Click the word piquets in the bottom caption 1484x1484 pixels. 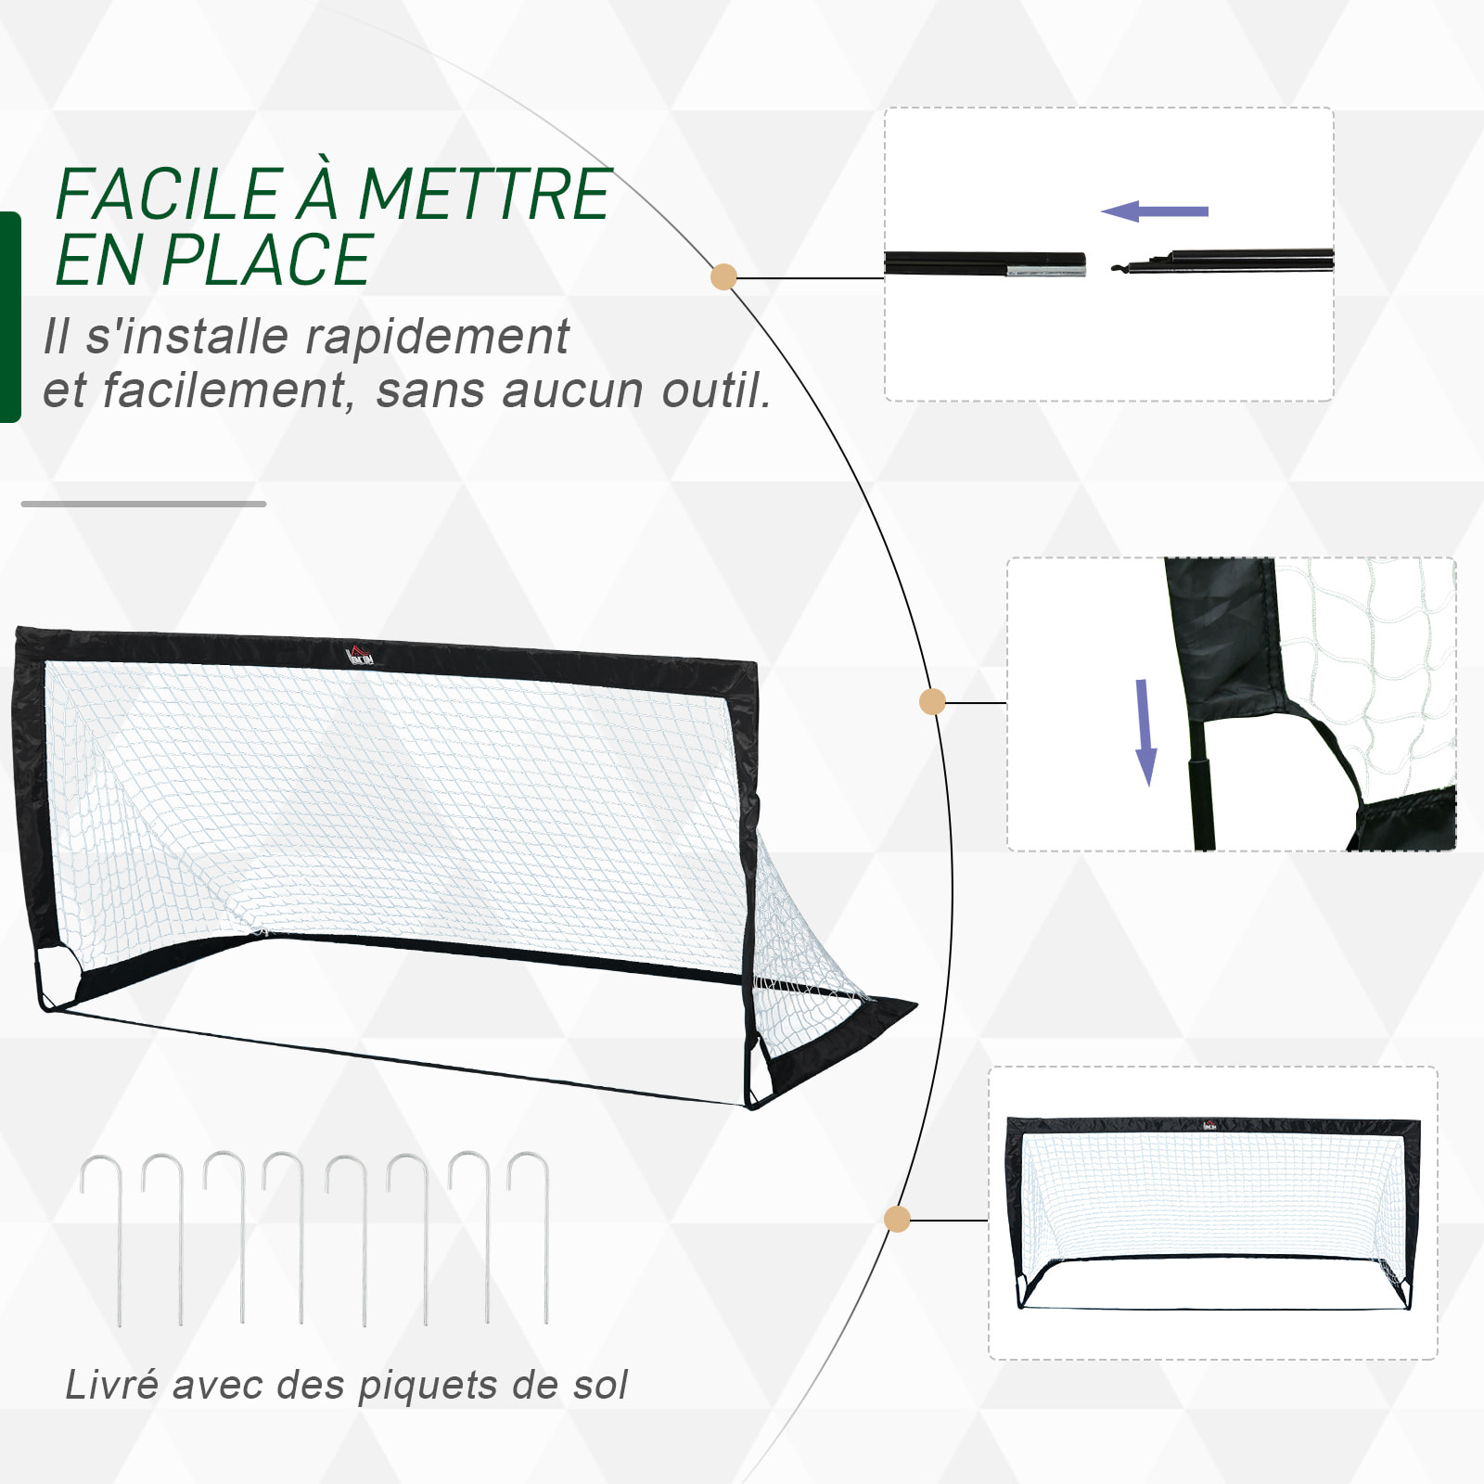point(429,1385)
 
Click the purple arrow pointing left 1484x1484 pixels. point(1155,211)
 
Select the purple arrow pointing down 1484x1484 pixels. point(1145,733)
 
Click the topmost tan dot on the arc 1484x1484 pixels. point(723,276)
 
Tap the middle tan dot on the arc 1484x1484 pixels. point(932,702)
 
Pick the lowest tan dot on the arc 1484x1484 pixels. point(897,1219)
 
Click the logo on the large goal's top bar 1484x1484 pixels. point(360,656)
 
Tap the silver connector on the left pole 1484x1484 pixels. point(1046,271)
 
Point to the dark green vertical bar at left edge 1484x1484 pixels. point(9,317)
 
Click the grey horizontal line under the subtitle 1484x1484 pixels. point(144,504)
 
